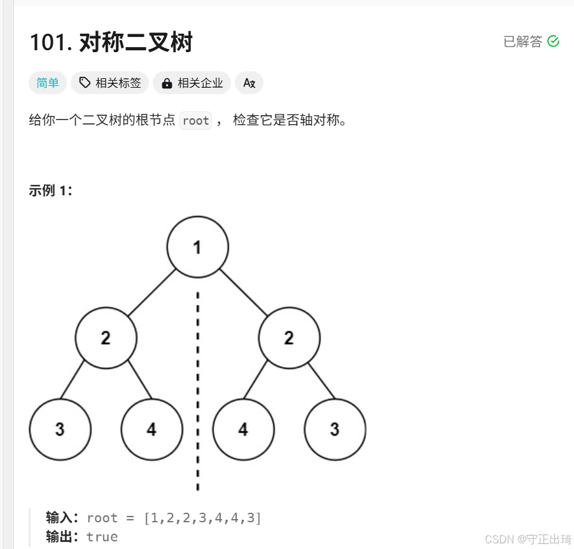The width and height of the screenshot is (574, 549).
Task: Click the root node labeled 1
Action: click(x=197, y=247)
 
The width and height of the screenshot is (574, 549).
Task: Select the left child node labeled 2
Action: click(x=106, y=338)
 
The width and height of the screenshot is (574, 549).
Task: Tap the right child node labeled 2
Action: click(x=289, y=338)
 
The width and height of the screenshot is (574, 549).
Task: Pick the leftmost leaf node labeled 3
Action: click(x=60, y=429)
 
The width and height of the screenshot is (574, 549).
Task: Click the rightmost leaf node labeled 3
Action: click(x=335, y=429)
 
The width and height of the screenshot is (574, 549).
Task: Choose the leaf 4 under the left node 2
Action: click(x=151, y=429)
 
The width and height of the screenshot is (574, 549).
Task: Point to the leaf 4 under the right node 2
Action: click(x=243, y=429)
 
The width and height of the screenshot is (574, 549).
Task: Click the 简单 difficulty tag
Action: click(x=48, y=83)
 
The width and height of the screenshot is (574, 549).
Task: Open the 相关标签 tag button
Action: click(x=110, y=83)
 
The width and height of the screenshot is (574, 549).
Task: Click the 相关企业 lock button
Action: click(x=192, y=83)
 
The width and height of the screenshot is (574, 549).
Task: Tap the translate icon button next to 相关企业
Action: click(x=249, y=83)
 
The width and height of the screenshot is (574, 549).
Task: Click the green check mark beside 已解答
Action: click(x=554, y=41)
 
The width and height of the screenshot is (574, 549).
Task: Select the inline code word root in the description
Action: click(x=195, y=120)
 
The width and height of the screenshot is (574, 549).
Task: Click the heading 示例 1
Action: click(x=50, y=190)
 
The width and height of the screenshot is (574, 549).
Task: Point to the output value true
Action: click(x=102, y=536)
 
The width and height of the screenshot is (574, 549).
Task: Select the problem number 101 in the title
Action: click(x=50, y=43)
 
